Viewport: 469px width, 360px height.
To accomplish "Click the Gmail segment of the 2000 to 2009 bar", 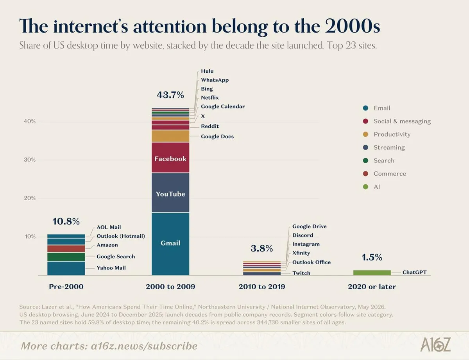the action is point(170,244).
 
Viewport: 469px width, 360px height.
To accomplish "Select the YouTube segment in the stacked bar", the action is point(170,193).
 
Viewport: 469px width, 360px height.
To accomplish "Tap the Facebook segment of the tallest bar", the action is point(170,158).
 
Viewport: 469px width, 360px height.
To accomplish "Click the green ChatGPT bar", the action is point(372,273).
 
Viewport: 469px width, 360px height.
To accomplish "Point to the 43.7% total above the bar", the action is point(170,95).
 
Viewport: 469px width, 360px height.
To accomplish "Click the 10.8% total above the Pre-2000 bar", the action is point(66,221).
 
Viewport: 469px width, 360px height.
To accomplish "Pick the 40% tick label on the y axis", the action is point(30,121).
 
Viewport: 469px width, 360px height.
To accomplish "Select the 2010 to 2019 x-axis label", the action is point(262,287).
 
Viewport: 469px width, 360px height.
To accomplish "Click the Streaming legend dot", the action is point(365,148).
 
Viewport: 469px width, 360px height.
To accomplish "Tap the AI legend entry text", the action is point(377,187).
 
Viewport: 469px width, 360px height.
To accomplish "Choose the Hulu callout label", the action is point(207,71).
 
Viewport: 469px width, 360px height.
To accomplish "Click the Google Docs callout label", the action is point(217,136).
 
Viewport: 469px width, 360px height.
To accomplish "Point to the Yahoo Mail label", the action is point(111,268).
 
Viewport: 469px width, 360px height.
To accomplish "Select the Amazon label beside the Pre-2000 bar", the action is point(107,245).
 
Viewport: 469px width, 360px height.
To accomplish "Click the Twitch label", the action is point(301,273).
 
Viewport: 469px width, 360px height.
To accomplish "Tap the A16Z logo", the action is point(435,344).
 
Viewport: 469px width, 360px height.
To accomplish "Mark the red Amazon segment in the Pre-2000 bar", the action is point(66,249).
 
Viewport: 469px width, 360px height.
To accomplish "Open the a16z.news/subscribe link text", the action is point(144,346).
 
